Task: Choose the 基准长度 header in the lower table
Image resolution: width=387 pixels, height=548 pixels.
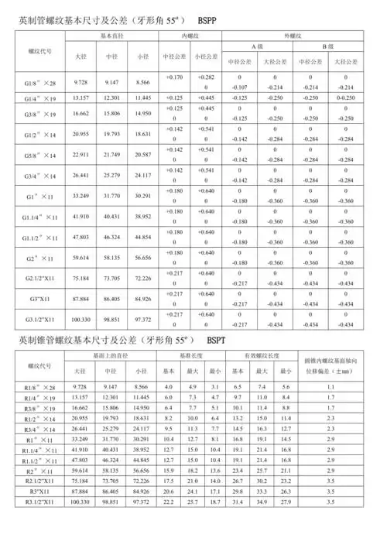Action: (193, 355)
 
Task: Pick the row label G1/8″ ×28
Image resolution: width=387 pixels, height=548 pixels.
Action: (39, 82)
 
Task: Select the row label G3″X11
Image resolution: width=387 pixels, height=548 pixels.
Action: (39, 299)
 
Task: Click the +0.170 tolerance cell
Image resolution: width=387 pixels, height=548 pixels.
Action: (174, 77)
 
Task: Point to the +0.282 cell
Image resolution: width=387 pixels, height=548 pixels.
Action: (206, 77)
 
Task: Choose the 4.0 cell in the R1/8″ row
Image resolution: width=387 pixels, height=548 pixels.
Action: (170, 386)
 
